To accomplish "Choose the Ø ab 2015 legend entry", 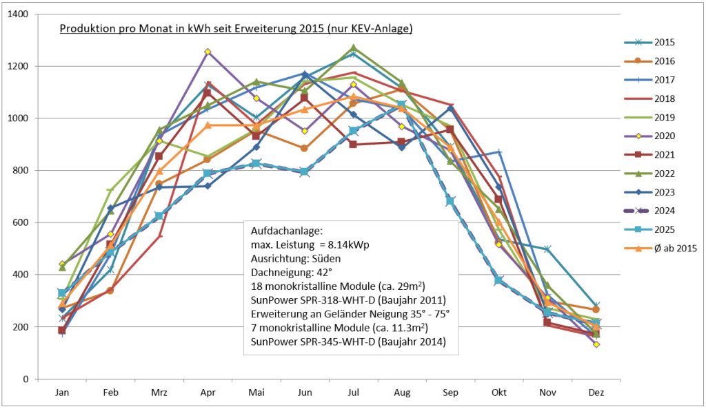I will [x=675, y=249].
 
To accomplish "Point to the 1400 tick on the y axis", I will [x=36, y=14].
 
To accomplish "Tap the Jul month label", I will [x=353, y=392].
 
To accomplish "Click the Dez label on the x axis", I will [x=596, y=392].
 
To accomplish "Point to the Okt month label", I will [x=499, y=392].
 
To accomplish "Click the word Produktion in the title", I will [x=83, y=29].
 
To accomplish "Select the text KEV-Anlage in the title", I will [x=383, y=29].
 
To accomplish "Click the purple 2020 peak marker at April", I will [x=207, y=52].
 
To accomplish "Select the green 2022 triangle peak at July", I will [x=353, y=48].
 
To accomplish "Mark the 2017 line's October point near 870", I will [x=499, y=152].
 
